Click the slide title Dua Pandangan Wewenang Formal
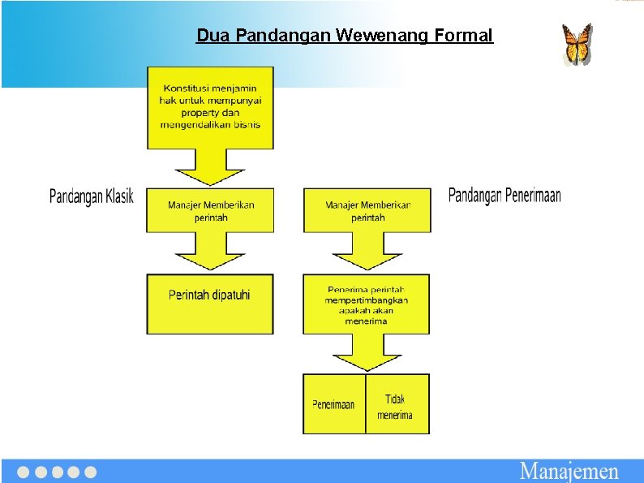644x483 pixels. (344, 36)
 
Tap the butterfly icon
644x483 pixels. (577, 44)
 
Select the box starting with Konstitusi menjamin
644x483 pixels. (210, 107)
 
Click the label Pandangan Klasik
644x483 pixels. (92, 196)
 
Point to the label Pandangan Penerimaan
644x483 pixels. (504, 195)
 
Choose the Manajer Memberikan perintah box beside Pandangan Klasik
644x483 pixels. (210, 210)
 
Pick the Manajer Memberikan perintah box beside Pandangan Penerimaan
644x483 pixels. (367, 210)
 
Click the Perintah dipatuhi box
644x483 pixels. (210, 304)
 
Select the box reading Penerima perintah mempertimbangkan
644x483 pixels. (367, 304)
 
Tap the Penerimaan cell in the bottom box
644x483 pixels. (333, 404)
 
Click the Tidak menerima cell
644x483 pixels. (396, 406)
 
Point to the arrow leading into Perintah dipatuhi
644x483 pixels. (210, 252)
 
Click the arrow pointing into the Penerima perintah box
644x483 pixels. (367, 252)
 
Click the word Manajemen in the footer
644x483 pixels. (569, 471)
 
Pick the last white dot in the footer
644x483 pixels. (91, 472)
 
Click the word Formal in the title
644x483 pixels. (463, 36)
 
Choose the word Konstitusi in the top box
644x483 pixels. (184, 88)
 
